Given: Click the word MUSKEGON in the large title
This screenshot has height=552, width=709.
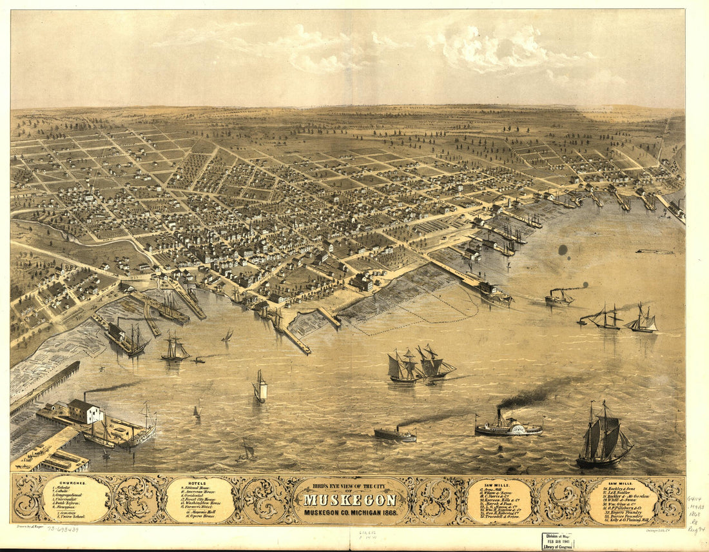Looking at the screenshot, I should tap(350, 500).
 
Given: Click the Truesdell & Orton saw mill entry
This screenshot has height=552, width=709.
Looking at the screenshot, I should tap(498, 517).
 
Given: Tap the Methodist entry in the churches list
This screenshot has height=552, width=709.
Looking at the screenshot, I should tap(62, 488).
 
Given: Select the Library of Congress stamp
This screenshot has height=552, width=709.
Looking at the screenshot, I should tap(558, 541).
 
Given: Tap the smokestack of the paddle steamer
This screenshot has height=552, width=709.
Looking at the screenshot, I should tap(499, 416).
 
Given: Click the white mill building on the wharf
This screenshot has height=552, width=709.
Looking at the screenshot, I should tap(85, 411).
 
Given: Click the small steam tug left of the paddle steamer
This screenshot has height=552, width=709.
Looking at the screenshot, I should tap(395, 435).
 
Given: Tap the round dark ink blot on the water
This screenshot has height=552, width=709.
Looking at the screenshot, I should tap(563, 249).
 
